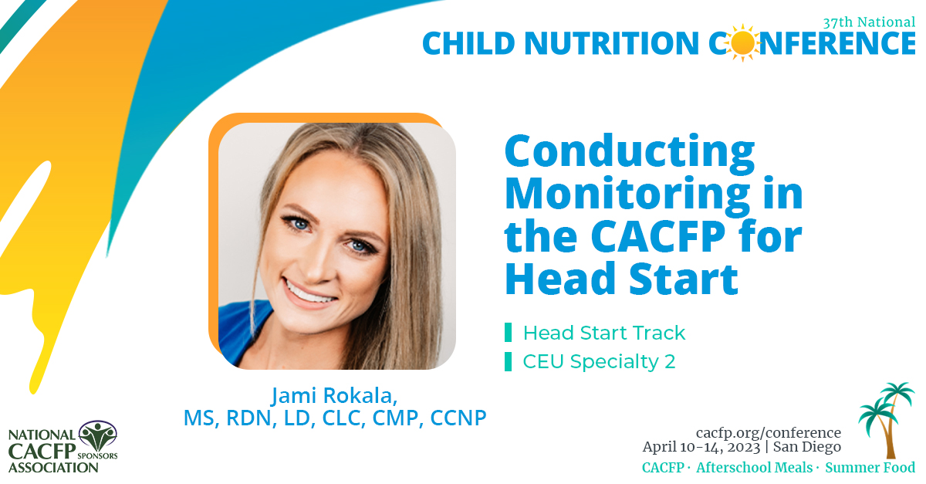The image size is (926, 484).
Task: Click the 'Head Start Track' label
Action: [x=604, y=333]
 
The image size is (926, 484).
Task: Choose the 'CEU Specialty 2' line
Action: [x=599, y=361]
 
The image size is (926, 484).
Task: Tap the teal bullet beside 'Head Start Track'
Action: [x=508, y=333]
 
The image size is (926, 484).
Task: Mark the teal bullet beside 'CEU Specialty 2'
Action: [x=508, y=361]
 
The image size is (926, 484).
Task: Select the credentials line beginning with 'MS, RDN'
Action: [x=335, y=418]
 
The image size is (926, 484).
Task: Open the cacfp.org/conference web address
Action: [x=768, y=432]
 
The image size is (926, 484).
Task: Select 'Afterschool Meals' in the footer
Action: [x=755, y=468]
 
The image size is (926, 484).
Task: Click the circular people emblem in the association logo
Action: [x=98, y=437]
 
